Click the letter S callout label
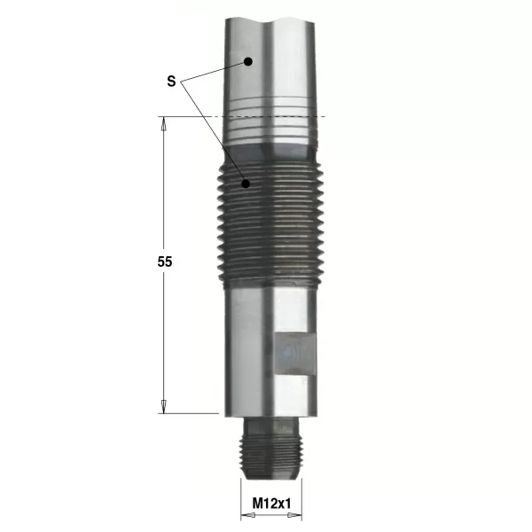click(171, 82)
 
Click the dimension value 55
click(165, 262)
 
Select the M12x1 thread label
click(271, 504)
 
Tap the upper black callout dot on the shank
click(248, 61)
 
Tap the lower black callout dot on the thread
click(246, 184)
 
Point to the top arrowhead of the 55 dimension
click(163, 124)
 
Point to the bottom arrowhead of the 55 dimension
click(163, 406)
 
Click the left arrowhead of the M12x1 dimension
click(247, 516)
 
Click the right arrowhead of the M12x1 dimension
click(294, 516)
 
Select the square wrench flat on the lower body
click(295, 354)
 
